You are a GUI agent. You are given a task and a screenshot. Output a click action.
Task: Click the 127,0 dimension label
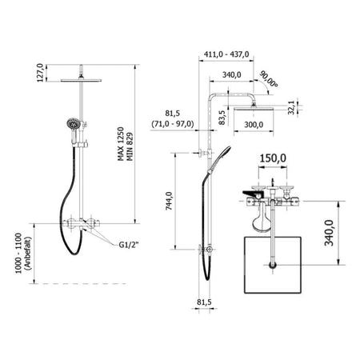(40, 73)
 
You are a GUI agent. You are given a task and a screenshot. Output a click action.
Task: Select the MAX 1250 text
(121, 144)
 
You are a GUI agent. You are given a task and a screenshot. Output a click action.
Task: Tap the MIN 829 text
(130, 146)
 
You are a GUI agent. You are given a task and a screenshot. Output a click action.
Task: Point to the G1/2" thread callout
(129, 245)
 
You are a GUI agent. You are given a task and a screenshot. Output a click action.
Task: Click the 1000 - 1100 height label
(18, 254)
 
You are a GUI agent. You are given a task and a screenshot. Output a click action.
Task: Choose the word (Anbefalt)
(28, 254)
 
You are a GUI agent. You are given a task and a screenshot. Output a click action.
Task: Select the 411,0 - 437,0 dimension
(226, 54)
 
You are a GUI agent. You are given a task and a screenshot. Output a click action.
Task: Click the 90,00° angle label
(269, 79)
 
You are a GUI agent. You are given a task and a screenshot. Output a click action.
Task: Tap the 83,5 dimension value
(222, 118)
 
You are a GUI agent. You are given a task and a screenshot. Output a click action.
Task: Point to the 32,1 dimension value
(291, 107)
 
